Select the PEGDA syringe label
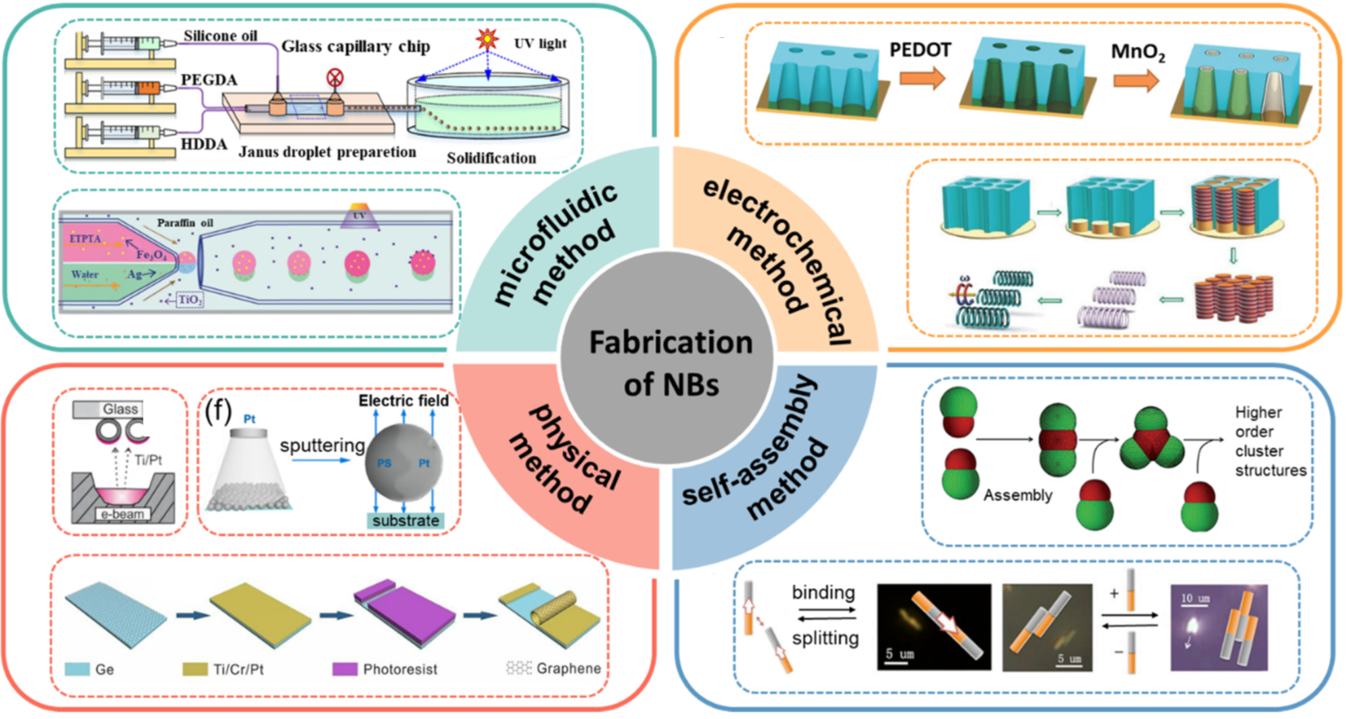pyautogui.click(x=209, y=80)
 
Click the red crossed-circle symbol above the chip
pyautogui.click(x=335, y=78)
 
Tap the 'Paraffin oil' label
pyautogui.click(x=185, y=223)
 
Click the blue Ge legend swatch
pyautogui.click(x=77, y=669)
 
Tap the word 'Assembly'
pyautogui.click(x=1018, y=495)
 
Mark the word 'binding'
pyautogui.click(x=823, y=593)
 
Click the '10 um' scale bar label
pyautogui.click(x=1195, y=598)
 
